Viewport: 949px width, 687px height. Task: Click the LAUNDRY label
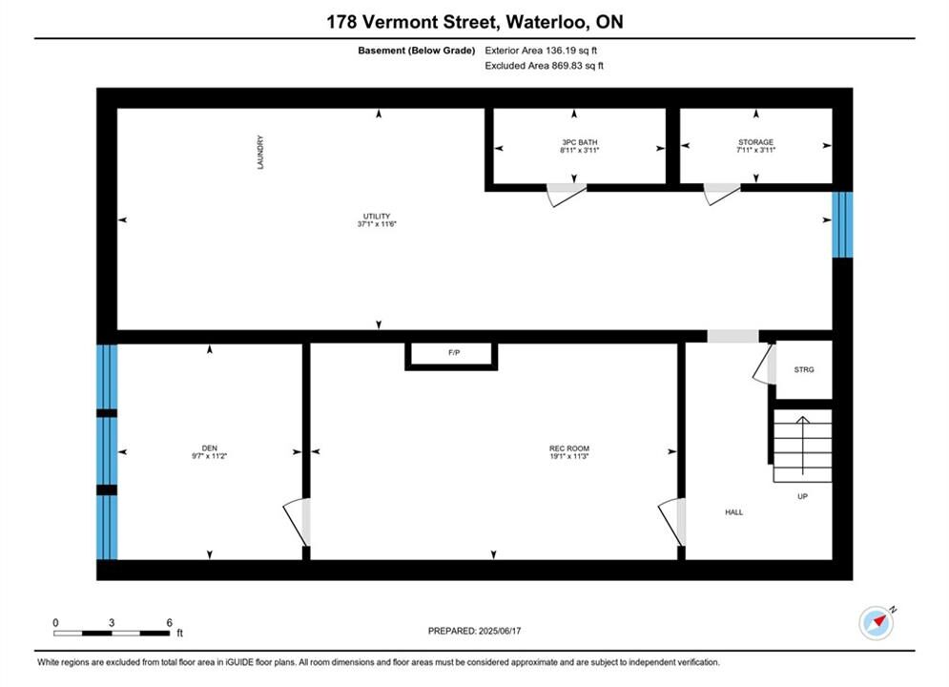click(x=260, y=152)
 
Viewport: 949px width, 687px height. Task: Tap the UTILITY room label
click(x=377, y=216)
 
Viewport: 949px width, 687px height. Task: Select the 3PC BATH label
click(x=579, y=142)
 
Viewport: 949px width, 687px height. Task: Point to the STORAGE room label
click(x=755, y=142)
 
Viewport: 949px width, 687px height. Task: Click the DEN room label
click(x=210, y=448)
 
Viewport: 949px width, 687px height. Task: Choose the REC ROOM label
click(x=568, y=448)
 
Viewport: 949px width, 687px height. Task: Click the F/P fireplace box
click(x=451, y=355)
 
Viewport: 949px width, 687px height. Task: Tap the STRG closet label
click(x=804, y=369)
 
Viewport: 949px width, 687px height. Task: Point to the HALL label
click(x=734, y=512)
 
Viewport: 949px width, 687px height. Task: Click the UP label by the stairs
click(x=802, y=496)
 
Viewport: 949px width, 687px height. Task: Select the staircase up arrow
click(x=802, y=446)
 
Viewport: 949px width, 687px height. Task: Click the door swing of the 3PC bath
click(x=566, y=195)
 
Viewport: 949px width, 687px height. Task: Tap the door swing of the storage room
click(x=721, y=194)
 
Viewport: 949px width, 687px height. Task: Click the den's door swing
click(x=297, y=522)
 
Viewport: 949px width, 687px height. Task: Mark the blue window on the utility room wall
click(x=842, y=224)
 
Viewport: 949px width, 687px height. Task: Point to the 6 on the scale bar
click(x=170, y=622)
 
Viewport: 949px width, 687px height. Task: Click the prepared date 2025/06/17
click(x=500, y=631)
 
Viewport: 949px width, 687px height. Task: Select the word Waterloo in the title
click(x=547, y=22)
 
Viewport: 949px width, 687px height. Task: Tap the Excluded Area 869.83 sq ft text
click(x=544, y=66)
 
